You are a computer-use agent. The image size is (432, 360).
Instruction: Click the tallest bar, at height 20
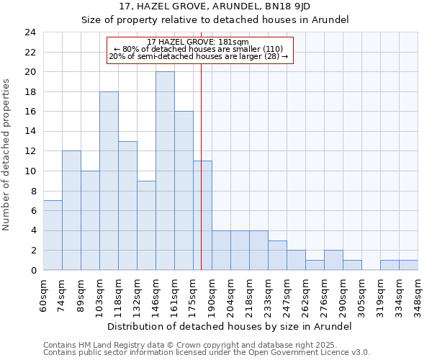pos(165,171)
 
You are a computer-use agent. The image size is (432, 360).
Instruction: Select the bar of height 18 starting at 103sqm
pos(109,181)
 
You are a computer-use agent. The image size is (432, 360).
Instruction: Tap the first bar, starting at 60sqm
pos(53,235)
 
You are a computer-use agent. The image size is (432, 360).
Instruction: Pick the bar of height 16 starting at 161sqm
pos(184,191)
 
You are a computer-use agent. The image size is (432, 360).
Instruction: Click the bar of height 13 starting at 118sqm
pos(127,205)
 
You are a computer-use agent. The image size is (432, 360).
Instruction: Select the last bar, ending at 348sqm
pos(408,265)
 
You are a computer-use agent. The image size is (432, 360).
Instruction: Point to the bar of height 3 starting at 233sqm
pos(277,255)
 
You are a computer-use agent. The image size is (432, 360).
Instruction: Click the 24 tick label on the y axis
pos(30,32)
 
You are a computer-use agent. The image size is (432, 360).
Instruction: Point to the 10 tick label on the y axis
pos(30,171)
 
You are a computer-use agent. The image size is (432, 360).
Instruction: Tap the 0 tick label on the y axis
pos(32,271)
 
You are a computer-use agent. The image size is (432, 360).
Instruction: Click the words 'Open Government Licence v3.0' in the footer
pos(305,352)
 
